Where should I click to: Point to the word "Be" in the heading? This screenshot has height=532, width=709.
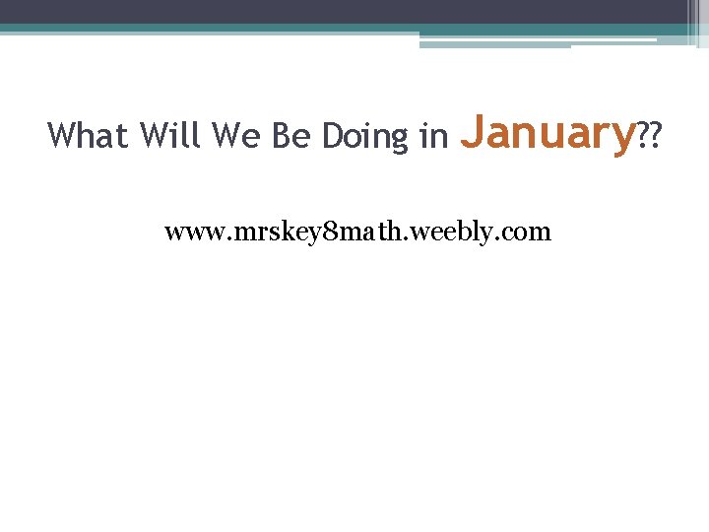point(290,135)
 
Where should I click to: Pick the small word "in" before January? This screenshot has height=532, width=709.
point(433,135)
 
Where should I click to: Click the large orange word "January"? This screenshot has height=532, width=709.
point(547,132)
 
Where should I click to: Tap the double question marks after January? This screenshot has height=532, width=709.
point(649,135)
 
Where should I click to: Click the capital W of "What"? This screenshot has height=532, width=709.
point(61,135)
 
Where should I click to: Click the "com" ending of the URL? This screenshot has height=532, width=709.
point(528,233)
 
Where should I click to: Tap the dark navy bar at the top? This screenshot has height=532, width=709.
point(345,11)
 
